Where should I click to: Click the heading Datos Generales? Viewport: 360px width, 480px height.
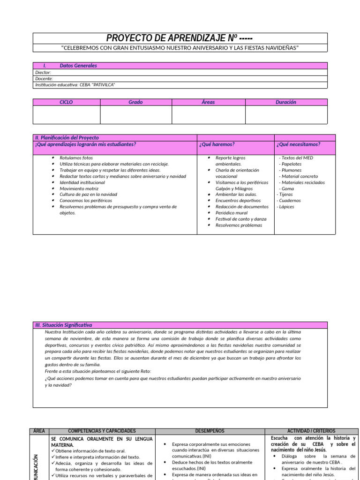click(x=78, y=66)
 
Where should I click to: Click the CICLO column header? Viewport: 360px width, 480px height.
click(x=66, y=102)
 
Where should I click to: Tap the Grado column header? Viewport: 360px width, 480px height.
click(x=135, y=102)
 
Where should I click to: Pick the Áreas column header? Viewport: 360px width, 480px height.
click(x=208, y=102)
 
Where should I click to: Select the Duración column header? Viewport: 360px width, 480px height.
click(x=286, y=102)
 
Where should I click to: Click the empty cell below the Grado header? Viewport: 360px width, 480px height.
click(x=135, y=114)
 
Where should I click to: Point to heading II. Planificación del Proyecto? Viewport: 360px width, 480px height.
click(x=67, y=138)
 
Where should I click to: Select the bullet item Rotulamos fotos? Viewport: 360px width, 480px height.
click(x=76, y=158)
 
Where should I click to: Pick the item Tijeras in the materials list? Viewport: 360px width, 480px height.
click(x=285, y=195)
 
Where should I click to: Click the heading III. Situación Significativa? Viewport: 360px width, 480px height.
click(x=64, y=325)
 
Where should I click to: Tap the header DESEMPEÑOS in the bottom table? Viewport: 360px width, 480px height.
click(x=210, y=431)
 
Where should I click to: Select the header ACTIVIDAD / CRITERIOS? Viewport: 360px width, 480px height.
click(x=311, y=431)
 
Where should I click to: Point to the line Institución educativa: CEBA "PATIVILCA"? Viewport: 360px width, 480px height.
click(x=75, y=85)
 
